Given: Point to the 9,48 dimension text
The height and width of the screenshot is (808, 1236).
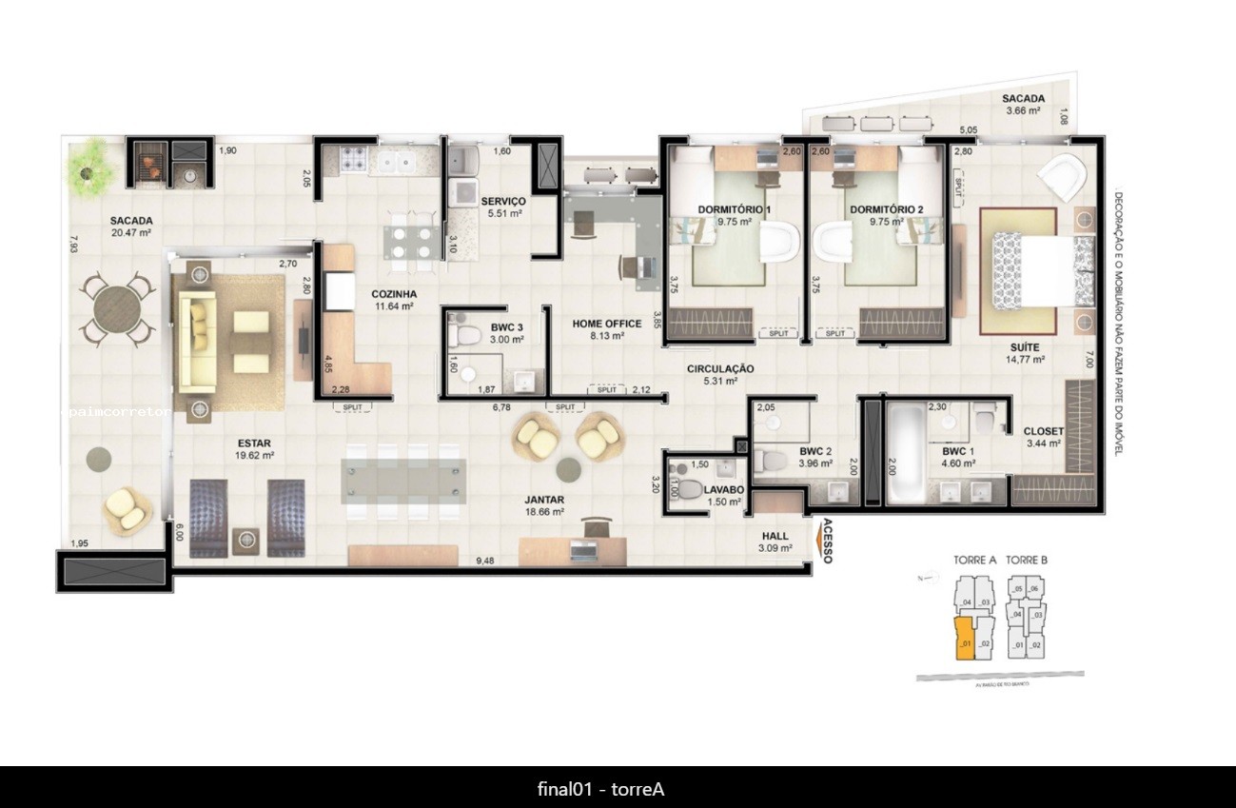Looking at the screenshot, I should click(486, 561).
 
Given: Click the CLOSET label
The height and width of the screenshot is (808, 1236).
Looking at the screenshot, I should click(1043, 431).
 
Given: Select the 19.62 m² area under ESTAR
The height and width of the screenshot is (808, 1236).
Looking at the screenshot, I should click(255, 456).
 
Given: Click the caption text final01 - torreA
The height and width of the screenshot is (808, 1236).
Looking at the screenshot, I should click(600, 789).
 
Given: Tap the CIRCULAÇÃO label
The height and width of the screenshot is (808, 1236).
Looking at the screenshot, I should click(721, 368).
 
